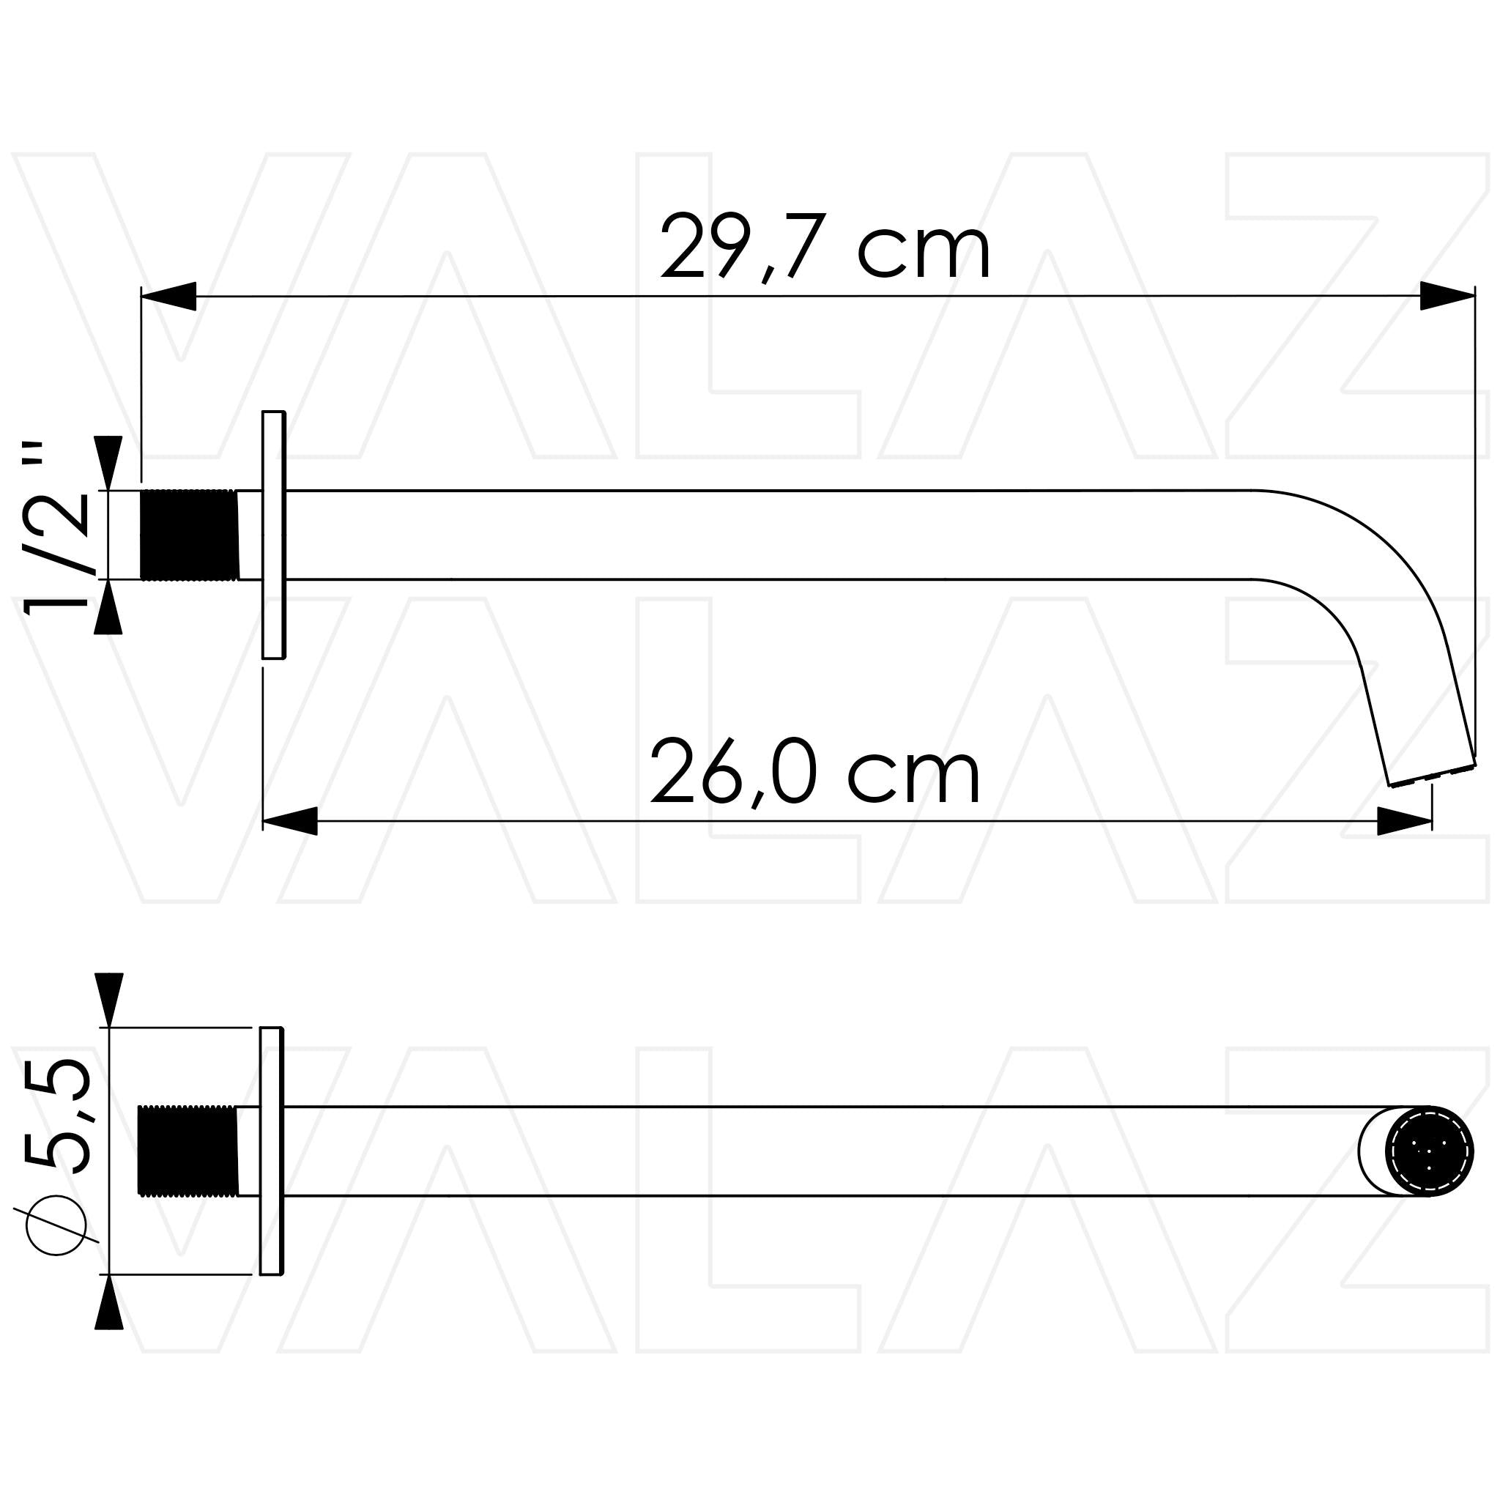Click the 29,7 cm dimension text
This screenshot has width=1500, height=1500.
(x=825, y=247)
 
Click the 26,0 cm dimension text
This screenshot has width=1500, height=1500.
(x=815, y=773)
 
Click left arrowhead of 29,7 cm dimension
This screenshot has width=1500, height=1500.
(x=169, y=296)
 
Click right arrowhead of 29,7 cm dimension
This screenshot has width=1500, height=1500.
(x=1446, y=296)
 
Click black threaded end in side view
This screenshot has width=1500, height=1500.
(x=189, y=535)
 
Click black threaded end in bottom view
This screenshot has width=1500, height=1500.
(x=187, y=1151)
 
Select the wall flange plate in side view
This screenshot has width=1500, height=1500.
(x=273, y=535)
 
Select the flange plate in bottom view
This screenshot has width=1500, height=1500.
(x=271, y=1151)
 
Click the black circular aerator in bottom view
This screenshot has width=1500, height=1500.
(x=1430, y=1151)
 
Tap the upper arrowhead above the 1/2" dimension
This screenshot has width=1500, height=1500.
(x=108, y=461)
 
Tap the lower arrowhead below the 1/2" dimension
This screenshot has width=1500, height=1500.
(x=108, y=609)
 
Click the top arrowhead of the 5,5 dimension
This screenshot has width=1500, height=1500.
(x=108, y=998)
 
